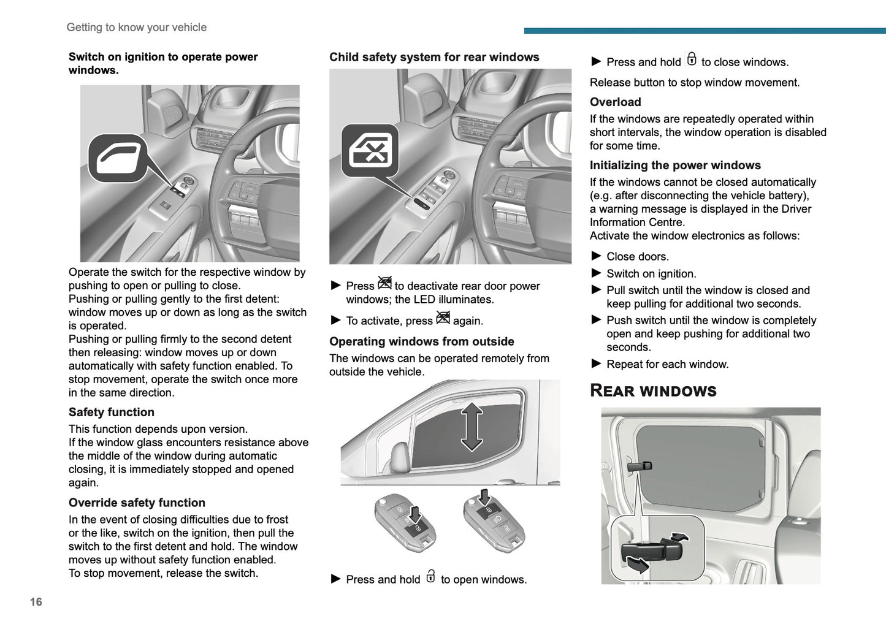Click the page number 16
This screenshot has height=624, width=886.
pyautogui.click(x=36, y=602)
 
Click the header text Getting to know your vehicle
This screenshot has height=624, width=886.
pyautogui.click(x=136, y=28)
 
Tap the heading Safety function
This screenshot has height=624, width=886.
pyautogui.click(x=111, y=413)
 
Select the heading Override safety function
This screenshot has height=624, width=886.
pyautogui.click(x=137, y=503)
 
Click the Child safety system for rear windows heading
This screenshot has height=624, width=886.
pyautogui.click(x=434, y=57)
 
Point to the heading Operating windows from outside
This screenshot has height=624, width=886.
pyautogui.click(x=421, y=341)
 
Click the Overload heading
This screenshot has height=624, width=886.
pyautogui.click(x=615, y=102)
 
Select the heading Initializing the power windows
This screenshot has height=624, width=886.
pyautogui.click(x=674, y=166)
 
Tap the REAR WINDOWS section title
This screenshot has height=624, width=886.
pyautogui.click(x=652, y=391)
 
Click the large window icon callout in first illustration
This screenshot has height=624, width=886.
pyautogui.click(x=118, y=158)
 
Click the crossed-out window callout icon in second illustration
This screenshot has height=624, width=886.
pyautogui.click(x=370, y=151)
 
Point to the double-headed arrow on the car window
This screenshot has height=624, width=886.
pyautogui.click(x=472, y=427)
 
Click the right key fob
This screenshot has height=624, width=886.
pyautogui.click(x=493, y=520)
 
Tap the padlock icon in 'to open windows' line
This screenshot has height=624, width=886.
pyautogui.click(x=430, y=577)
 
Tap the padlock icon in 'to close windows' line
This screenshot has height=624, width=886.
pyautogui.click(x=692, y=59)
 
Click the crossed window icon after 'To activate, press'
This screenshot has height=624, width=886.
pyautogui.click(x=443, y=318)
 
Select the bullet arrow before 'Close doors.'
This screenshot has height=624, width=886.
pyautogui.click(x=596, y=256)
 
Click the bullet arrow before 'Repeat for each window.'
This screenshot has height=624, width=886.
pyautogui.click(x=596, y=364)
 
